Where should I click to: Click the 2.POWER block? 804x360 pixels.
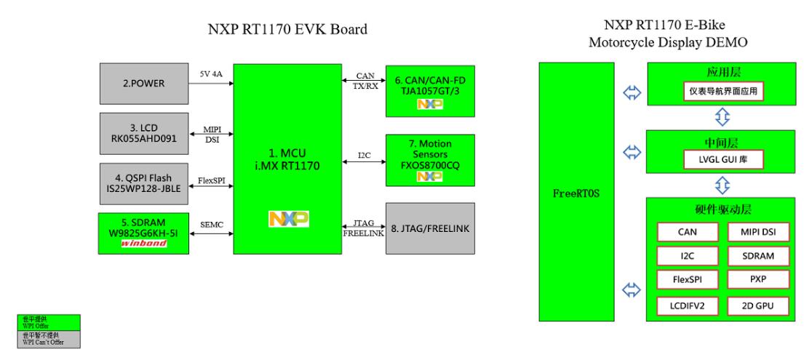click(142, 84)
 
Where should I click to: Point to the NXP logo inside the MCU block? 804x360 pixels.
click(287, 219)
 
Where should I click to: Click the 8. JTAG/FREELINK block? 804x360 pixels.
click(430, 228)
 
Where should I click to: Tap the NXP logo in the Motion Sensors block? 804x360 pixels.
click(430, 176)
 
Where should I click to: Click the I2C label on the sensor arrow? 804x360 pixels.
click(364, 156)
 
